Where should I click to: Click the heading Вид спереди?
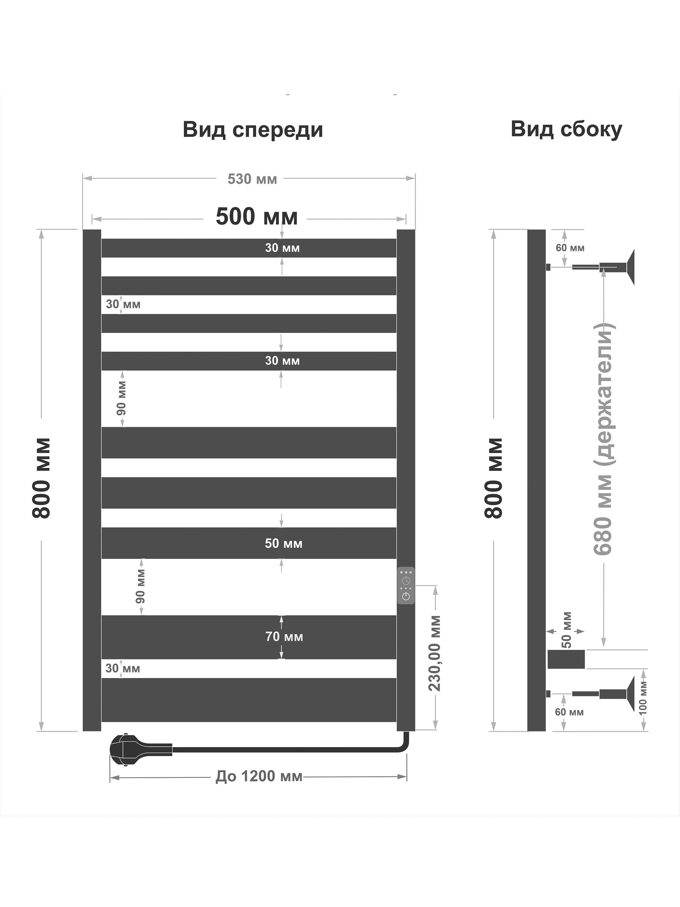coord(253,130)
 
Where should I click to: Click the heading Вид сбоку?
coord(566,130)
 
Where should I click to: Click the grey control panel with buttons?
coord(406,585)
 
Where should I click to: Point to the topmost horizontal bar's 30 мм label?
coord(282,248)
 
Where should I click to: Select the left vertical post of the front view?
coord(92,480)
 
